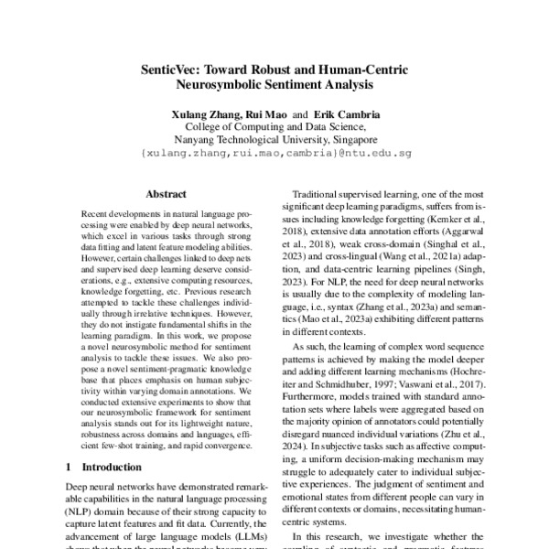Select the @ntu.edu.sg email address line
[x=274, y=155]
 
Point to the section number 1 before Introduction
[x=73, y=467]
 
